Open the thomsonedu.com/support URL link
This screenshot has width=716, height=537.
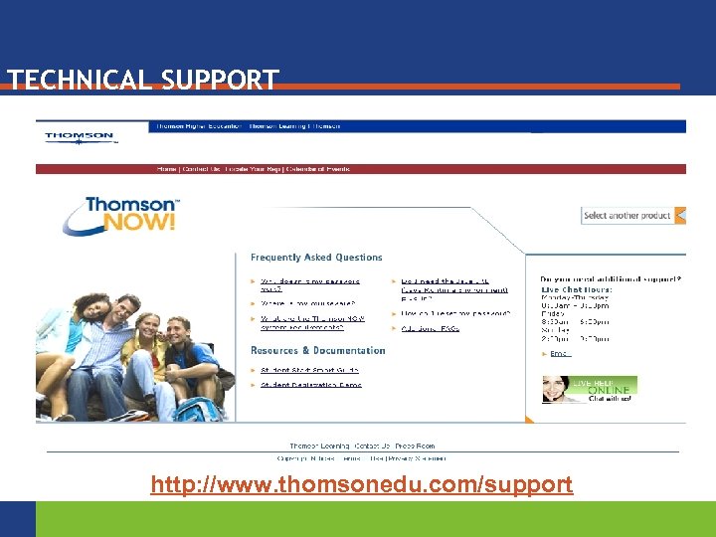(x=361, y=484)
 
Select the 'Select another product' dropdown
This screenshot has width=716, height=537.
(x=632, y=215)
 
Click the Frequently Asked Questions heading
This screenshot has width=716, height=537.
(x=316, y=258)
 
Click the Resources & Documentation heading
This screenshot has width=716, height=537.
(x=317, y=350)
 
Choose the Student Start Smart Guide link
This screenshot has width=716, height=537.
(x=309, y=370)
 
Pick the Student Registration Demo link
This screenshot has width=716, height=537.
(x=309, y=383)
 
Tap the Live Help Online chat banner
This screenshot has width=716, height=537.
(x=589, y=389)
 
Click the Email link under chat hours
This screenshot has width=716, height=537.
(x=560, y=353)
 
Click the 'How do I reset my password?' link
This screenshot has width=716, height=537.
(x=456, y=313)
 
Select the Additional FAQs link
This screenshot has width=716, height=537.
(x=431, y=328)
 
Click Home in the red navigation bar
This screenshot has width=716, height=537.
(x=166, y=169)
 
